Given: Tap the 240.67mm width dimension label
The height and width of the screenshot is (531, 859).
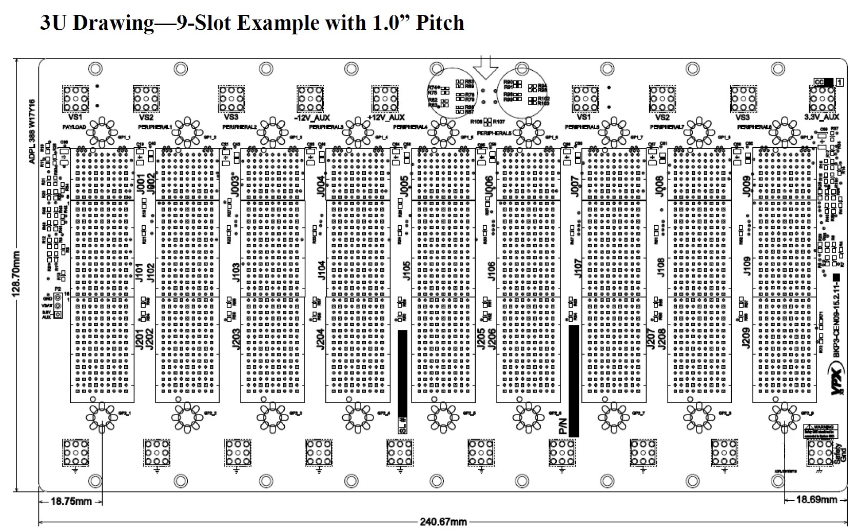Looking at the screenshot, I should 444,522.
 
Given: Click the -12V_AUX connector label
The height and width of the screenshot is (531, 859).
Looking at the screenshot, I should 312,117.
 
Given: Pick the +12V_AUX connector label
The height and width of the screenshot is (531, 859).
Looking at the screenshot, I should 386,117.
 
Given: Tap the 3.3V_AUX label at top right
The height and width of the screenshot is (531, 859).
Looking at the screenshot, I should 821,117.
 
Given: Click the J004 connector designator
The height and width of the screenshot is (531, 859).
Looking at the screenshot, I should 321,186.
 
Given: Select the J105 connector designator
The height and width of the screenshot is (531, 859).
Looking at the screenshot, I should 406,270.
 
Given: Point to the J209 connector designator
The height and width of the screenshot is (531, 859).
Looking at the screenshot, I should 746,338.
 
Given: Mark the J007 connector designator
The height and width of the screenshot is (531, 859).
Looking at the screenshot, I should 575,186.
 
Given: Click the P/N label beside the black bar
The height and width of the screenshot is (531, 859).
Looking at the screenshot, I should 563,425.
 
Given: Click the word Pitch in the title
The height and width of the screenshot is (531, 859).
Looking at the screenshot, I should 439,23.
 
